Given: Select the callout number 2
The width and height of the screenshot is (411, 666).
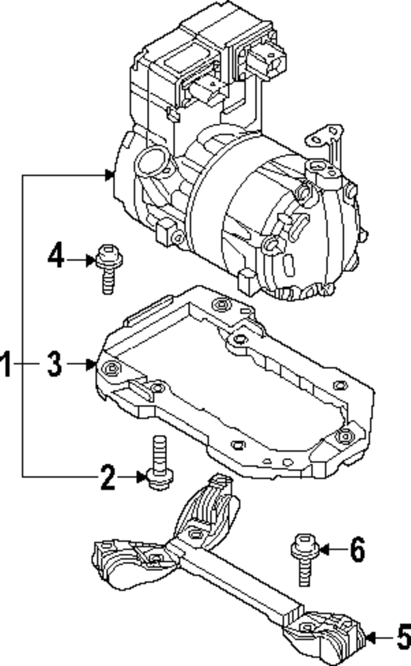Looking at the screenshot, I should [x=107, y=477].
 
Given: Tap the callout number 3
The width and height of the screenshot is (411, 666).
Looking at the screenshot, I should [x=55, y=364].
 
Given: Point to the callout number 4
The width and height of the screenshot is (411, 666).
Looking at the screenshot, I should [x=56, y=259].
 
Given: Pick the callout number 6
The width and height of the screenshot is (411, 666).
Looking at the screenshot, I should [x=357, y=549].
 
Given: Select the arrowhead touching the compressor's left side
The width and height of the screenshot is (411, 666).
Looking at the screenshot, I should [x=109, y=174].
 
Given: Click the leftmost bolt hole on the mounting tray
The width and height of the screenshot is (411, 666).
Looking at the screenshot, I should [x=112, y=368].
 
